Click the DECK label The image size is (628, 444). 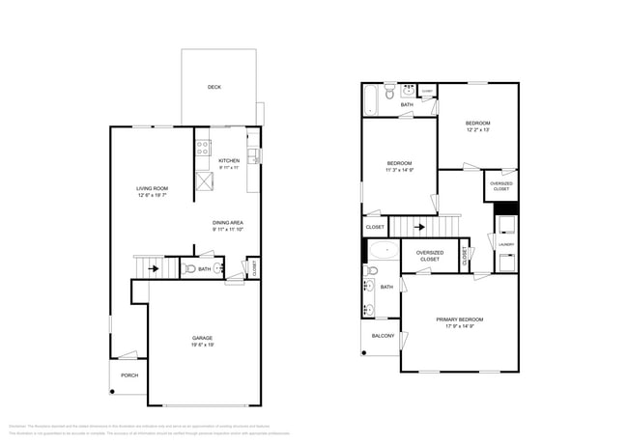pos(214,88)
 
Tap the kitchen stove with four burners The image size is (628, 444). pos(204,149)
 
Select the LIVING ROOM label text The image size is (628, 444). pos(152,188)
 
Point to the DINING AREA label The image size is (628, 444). pos(228,223)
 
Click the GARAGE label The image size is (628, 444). pos(202,338)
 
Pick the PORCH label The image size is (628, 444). pos(128,375)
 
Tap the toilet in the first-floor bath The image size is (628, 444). pos(190,269)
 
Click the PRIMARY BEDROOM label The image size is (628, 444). pos(459,319)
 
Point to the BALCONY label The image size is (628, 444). pos(383,336)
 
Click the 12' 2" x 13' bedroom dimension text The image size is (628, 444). pos(477,130)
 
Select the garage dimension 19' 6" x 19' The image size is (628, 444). pos(202,345)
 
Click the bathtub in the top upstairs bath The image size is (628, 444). pos(371,100)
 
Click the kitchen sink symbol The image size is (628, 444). pos(252,153)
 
